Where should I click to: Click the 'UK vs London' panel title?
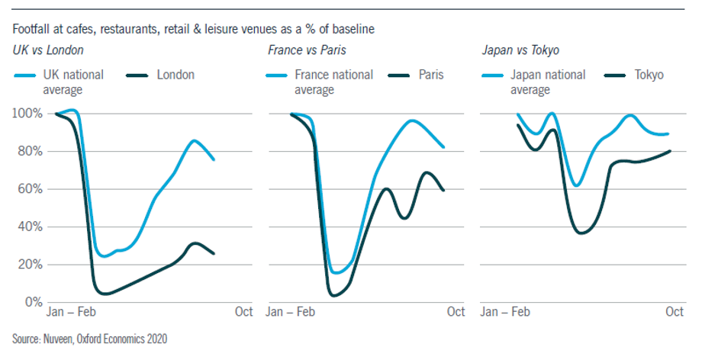pyautogui.click(x=47, y=51)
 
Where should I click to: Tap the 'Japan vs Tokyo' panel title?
pyautogui.click(x=520, y=51)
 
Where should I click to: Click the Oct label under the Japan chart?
pyautogui.click(x=674, y=312)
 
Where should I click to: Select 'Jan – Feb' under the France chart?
pyautogui.click(x=290, y=312)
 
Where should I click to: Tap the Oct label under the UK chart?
pyautogui.click(x=243, y=312)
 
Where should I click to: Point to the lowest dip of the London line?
pyautogui.click(x=105, y=294)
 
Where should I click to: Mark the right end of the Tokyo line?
pyautogui.click(x=670, y=151)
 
